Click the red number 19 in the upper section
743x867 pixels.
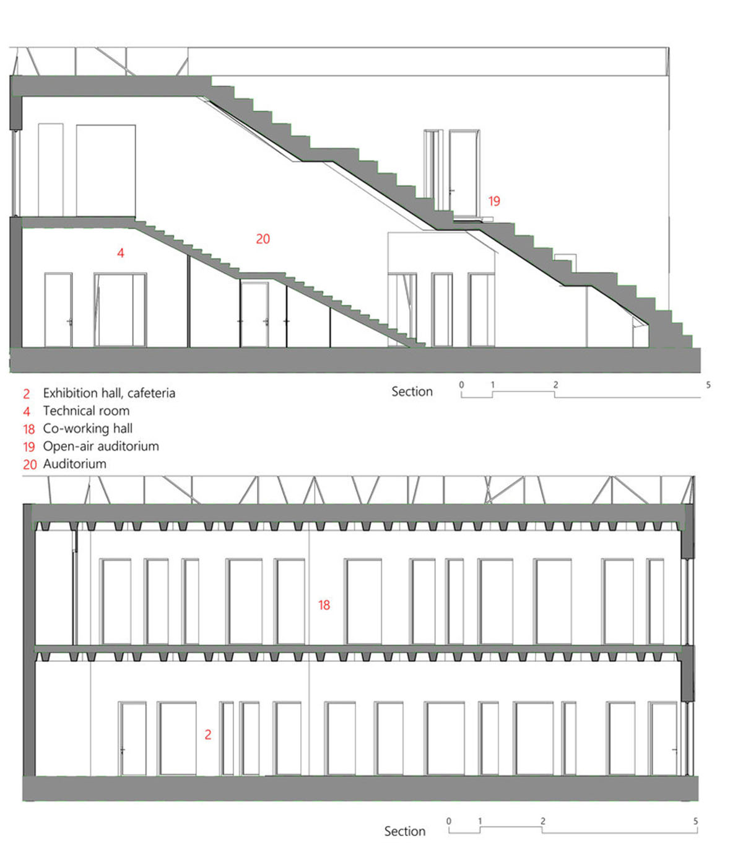click(494, 201)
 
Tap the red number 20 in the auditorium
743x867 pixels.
click(263, 239)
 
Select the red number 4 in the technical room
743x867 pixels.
click(121, 252)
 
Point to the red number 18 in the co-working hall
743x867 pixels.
click(324, 604)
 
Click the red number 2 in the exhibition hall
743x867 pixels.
click(208, 734)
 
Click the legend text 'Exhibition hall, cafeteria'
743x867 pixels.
click(109, 393)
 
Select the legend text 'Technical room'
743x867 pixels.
click(86, 411)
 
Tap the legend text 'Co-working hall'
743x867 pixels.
click(87, 428)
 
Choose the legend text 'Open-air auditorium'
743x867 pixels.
click(101, 446)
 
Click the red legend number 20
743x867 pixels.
click(30, 464)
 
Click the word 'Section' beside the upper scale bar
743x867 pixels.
click(412, 391)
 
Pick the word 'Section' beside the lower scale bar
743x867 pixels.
click(405, 831)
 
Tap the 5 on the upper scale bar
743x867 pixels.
click(708, 385)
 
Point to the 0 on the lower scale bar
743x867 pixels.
click(449, 821)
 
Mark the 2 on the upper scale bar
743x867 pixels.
click(555, 385)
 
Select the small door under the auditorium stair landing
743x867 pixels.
click(254, 314)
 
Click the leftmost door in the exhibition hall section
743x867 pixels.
click(133, 738)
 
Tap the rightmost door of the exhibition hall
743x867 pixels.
click(663, 738)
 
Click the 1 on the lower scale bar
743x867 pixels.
click(480, 821)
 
